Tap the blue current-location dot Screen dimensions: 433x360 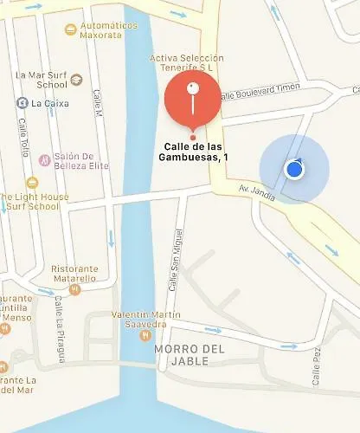pos(294,168)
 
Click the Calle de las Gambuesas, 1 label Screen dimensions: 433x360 pos(196,151)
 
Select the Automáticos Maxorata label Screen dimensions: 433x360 pos(108,30)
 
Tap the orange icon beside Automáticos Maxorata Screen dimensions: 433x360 pos(70,30)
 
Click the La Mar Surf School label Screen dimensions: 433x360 pos(41,80)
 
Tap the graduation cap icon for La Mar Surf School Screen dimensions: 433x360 pos(76,81)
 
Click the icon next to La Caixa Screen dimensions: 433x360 pos(21,103)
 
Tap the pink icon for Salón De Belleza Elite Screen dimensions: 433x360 pos(43,160)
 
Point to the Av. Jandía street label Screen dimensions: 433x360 pos(257,198)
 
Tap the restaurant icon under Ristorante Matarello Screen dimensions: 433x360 pos(74,289)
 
